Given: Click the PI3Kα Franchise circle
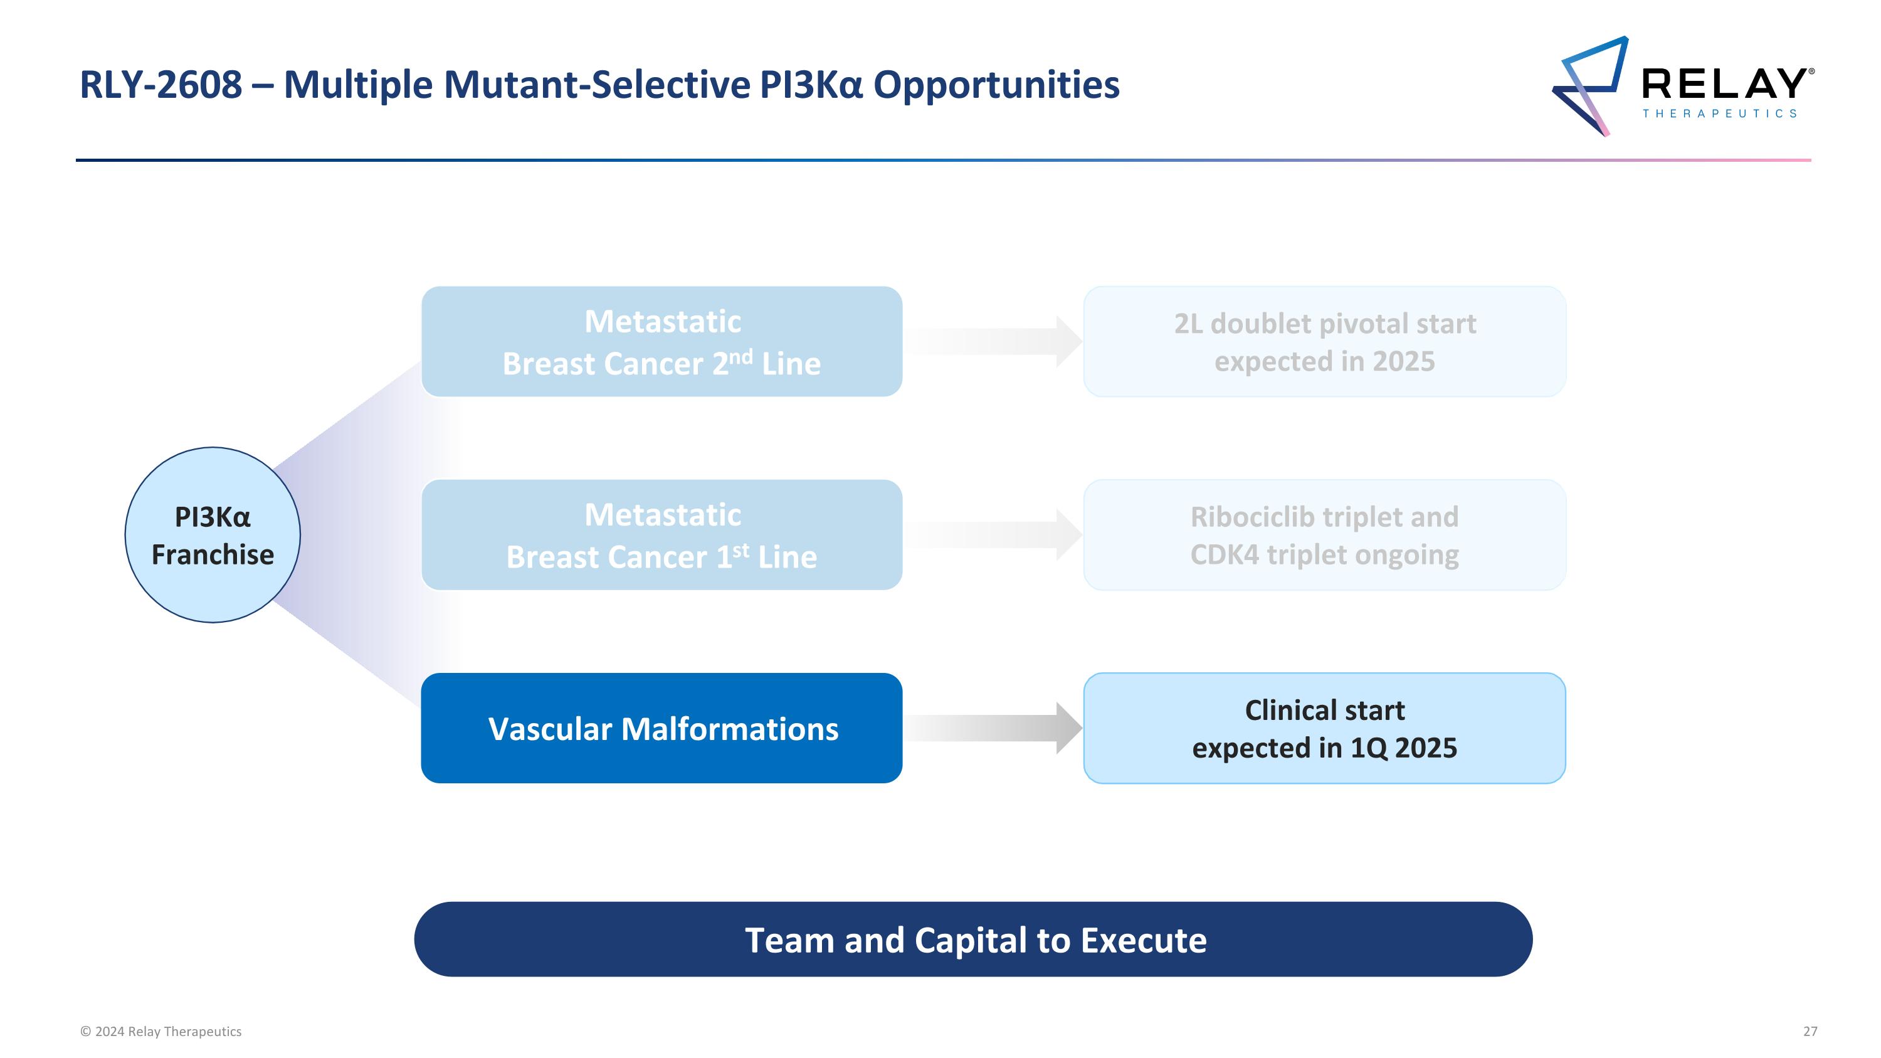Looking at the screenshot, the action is point(213,535).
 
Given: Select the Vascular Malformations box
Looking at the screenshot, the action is point(661,728).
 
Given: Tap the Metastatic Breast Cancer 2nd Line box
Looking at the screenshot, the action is point(661,342).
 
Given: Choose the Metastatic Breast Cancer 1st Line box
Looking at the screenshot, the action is point(661,535).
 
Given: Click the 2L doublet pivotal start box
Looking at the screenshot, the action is point(1325,342).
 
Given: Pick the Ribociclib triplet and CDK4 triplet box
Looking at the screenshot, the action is point(1325,535).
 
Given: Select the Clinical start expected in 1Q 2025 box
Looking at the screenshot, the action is point(1325,728).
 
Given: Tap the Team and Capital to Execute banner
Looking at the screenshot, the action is point(973,939).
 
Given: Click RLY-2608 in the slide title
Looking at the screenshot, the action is point(161,85).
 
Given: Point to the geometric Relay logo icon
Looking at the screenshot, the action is point(1590,86).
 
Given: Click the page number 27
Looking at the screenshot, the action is point(1810,1031).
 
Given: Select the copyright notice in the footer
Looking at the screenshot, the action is point(161,1031).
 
